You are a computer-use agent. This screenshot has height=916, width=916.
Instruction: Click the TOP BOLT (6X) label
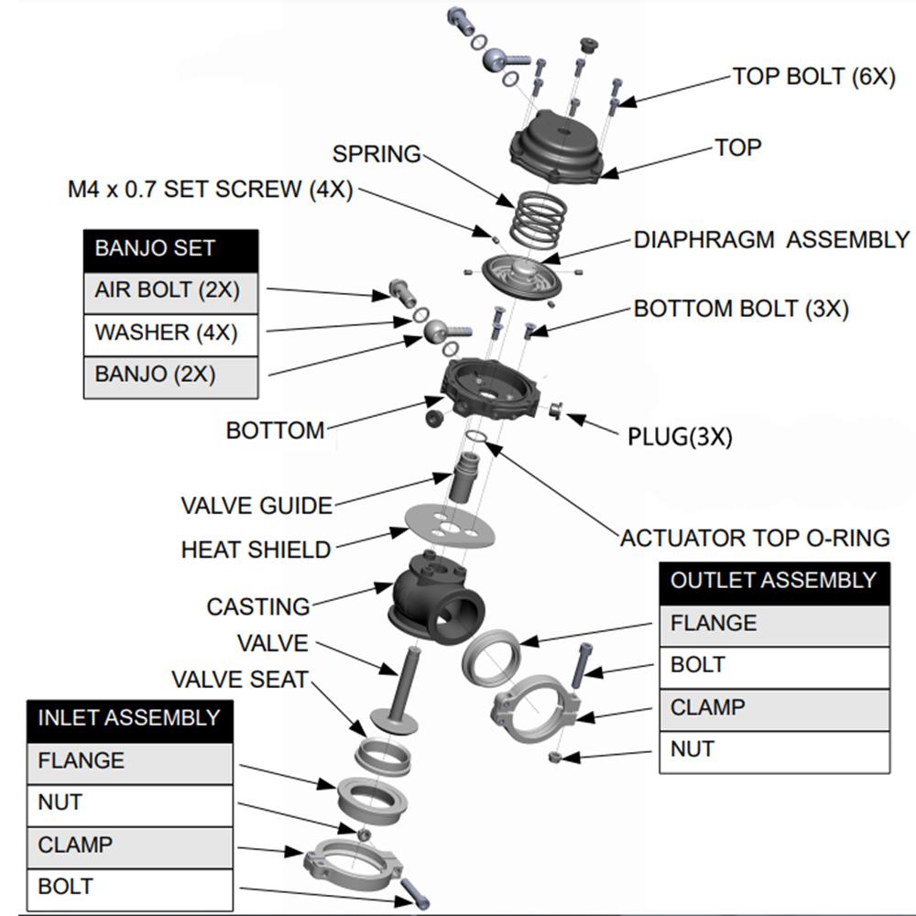click(x=813, y=76)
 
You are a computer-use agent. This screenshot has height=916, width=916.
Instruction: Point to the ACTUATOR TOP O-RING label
click(x=755, y=538)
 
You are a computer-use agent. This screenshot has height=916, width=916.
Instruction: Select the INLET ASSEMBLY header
click(x=129, y=718)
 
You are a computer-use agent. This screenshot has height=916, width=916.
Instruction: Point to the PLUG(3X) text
click(x=680, y=437)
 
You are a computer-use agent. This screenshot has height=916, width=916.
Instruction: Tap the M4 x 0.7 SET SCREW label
click(x=210, y=191)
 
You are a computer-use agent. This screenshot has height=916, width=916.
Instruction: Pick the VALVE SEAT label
click(x=240, y=680)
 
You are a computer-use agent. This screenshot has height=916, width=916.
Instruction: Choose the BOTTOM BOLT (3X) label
click(x=741, y=309)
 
